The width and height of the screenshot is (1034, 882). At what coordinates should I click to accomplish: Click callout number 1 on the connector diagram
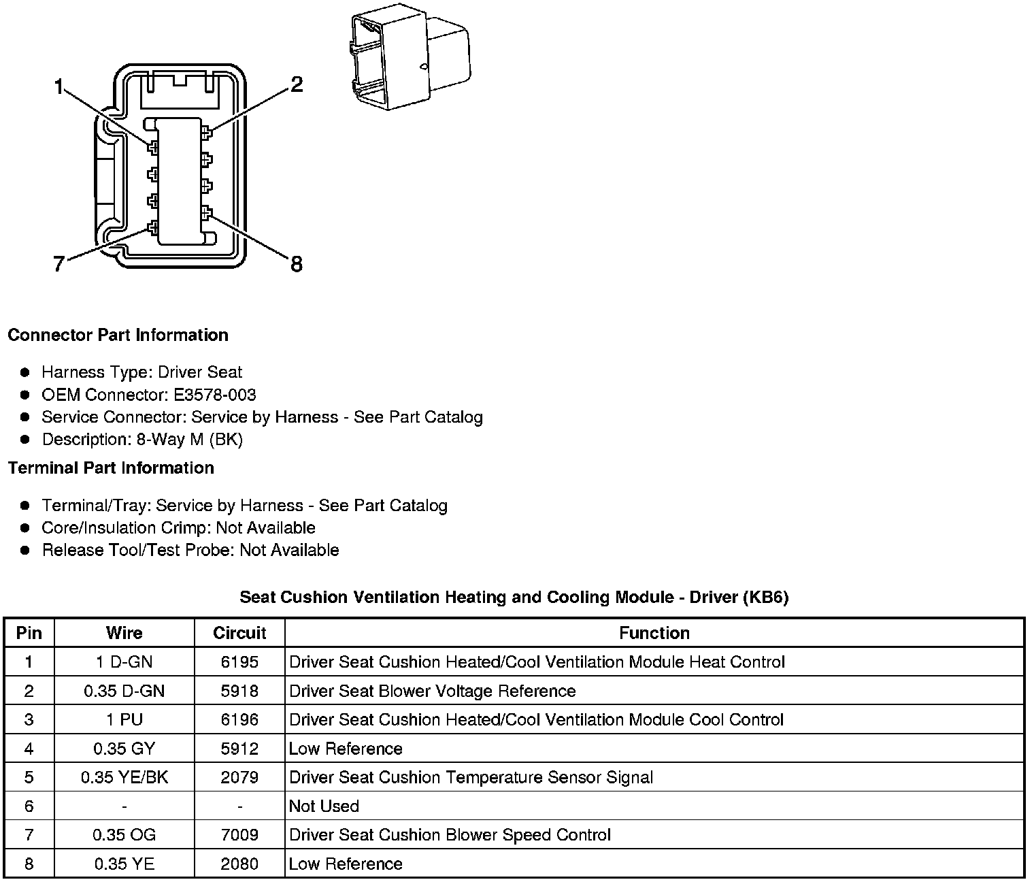tap(59, 87)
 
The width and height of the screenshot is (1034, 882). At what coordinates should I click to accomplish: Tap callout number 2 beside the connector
tap(296, 85)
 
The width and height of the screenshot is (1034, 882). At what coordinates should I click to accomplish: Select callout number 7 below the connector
tap(59, 264)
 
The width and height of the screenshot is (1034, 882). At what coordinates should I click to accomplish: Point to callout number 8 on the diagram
tap(296, 264)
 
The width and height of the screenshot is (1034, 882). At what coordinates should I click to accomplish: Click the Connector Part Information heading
tap(118, 335)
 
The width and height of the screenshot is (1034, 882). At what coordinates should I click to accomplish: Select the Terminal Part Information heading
tap(111, 468)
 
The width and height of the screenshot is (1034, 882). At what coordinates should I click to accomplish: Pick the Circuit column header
tap(239, 633)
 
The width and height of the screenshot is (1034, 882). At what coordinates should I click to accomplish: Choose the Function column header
tap(654, 633)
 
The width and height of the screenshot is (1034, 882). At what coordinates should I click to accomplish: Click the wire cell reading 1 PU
tap(124, 719)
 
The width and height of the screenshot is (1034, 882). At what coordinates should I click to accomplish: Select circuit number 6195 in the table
tap(239, 661)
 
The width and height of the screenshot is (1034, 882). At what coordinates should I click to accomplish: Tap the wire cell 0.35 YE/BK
tap(124, 777)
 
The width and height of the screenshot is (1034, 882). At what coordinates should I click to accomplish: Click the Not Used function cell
tap(324, 806)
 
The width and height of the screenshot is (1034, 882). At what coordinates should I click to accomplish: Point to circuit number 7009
tap(239, 834)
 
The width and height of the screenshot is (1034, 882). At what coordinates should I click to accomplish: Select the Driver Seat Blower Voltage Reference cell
tap(433, 691)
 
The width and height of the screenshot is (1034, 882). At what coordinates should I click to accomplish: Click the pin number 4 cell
tap(29, 749)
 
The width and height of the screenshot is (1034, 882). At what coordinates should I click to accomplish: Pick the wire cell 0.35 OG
tap(124, 834)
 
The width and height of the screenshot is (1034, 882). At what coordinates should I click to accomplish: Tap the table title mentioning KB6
tap(514, 597)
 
